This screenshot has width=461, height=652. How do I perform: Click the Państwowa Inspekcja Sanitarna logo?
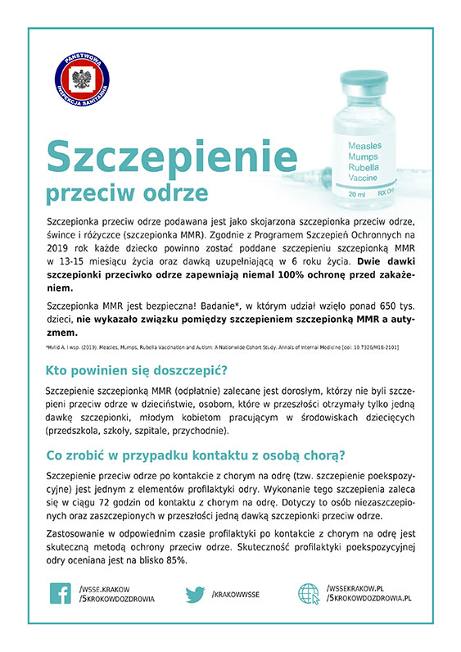coord(82,80)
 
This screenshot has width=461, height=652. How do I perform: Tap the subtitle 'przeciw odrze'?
coord(127,193)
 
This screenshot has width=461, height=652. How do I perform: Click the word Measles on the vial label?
coord(364,145)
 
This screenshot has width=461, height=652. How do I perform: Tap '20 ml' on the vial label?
coord(357,194)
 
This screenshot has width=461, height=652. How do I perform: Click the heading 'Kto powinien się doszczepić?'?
coord(136,369)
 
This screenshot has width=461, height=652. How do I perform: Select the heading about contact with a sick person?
coord(196,455)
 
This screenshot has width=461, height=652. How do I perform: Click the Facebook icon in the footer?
coord(61,593)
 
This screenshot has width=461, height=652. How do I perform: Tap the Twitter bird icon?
coord(195,593)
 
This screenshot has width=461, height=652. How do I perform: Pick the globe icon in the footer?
coord(309,593)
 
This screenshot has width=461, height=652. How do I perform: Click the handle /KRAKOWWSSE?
coord(236,594)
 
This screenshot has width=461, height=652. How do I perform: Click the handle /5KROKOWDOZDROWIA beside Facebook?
coord(117,599)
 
